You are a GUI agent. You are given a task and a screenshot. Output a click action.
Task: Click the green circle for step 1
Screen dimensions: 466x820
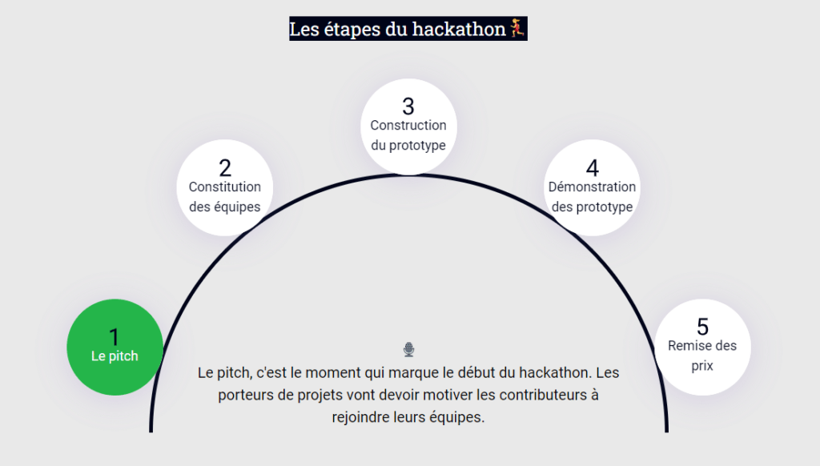click(115, 347)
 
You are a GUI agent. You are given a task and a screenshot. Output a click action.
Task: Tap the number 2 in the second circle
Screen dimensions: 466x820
click(225, 167)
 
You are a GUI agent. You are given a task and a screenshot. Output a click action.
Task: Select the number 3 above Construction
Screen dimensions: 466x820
click(408, 106)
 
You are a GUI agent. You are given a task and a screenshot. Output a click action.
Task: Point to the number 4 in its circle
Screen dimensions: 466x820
click(592, 167)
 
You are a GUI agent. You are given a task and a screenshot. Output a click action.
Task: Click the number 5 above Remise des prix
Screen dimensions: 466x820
click(702, 327)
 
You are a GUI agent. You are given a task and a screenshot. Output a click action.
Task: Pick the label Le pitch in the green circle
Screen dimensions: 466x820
click(115, 356)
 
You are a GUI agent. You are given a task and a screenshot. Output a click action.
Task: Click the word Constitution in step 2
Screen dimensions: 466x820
click(225, 187)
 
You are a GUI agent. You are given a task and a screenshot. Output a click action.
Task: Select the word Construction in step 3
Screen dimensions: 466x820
click(408, 125)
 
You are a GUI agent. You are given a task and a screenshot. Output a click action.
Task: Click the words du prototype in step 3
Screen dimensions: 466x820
click(408, 146)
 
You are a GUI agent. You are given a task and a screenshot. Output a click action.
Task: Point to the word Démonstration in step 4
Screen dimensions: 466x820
click(592, 187)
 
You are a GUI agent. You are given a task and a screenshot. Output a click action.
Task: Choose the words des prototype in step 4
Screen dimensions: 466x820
click(592, 207)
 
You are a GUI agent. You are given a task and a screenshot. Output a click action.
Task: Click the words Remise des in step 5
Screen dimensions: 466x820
click(702, 346)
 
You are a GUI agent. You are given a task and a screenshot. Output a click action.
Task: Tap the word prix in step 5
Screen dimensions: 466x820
click(702, 366)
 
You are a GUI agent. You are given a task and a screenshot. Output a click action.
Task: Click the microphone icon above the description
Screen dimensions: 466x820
click(408, 349)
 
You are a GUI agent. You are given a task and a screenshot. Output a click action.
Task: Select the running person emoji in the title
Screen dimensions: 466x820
click(517, 29)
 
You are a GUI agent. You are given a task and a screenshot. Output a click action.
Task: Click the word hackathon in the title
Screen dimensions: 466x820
click(459, 30)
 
